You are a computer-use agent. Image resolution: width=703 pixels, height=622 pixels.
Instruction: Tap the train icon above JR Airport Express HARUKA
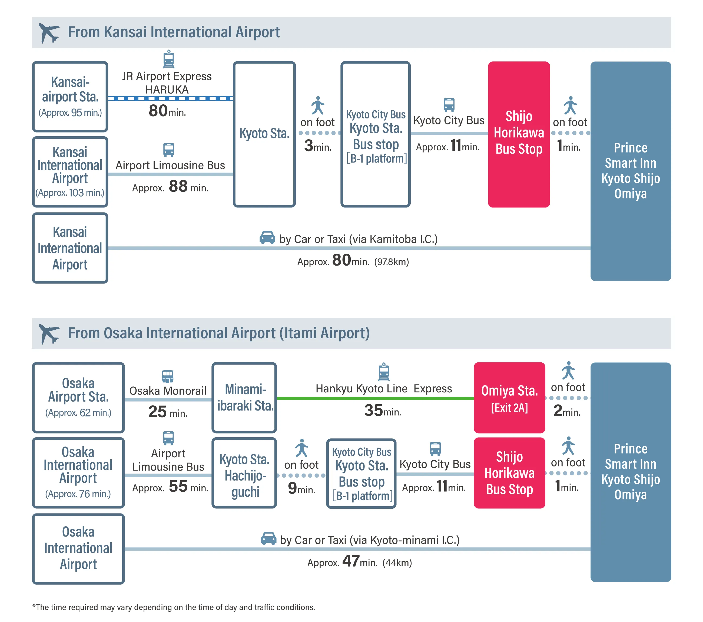168,59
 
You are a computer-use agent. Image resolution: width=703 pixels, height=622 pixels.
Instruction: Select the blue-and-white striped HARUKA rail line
171,99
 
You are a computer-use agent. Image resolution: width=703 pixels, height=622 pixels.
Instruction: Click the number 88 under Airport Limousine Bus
178,186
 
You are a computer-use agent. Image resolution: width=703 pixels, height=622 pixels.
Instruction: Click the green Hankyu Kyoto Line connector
375,398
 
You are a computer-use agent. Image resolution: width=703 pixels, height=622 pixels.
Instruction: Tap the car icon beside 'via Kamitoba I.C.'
267,237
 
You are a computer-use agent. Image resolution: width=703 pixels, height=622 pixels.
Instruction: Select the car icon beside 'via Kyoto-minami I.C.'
268,538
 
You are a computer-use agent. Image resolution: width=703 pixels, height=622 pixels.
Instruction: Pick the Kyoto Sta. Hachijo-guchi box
244,473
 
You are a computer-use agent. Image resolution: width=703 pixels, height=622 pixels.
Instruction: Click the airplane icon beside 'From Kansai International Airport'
49,33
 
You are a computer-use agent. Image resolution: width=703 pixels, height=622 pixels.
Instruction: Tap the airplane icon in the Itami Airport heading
49,334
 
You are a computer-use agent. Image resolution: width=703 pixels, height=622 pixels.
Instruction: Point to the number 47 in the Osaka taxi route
351,561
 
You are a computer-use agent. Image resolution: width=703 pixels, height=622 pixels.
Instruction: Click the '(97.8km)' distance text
392,262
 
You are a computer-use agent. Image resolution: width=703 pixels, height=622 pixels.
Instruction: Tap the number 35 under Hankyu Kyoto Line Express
373,411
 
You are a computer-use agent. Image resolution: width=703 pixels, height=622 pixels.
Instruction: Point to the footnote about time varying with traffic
174,607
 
